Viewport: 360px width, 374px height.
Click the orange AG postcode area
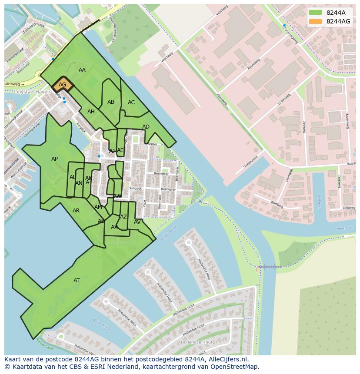(x=63, y=85)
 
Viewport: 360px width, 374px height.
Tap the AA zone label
(x=82, y=70)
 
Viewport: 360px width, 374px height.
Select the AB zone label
(x=111, y=102)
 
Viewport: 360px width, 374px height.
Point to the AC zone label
(x=131, y=103)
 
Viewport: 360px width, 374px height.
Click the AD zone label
(x=146, y=127)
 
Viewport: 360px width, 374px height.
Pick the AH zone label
(x=91, y=112)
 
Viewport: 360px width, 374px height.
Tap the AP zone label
(x=54, y=159)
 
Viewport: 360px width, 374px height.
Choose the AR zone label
(x=76, y=211)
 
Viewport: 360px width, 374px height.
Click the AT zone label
(x=77, y=281)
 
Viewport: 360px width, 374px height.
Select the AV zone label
(x=137, y=222)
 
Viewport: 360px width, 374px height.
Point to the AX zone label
(x=114, y=227)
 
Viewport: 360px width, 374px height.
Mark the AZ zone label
(x=123, y=217)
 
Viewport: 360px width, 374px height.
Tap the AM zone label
(x=98, y=207)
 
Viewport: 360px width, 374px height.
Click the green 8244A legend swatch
(x=316, y=13)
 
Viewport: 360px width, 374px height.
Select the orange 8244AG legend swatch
(x=316, y=21)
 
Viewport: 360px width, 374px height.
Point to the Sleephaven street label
(x=250, y=161)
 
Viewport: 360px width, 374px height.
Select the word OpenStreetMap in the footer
(x=234, y=367)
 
